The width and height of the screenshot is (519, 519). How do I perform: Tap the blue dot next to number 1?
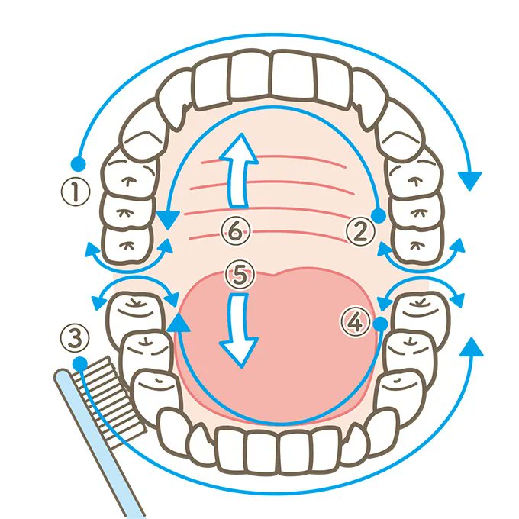[76, 163]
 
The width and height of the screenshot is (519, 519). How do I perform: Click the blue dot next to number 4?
[379, 325]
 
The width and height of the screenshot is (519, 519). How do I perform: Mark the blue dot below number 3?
[79, 363]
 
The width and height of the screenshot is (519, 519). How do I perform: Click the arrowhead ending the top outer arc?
[471, 180]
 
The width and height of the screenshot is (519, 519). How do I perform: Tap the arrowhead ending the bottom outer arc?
[472, 347]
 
